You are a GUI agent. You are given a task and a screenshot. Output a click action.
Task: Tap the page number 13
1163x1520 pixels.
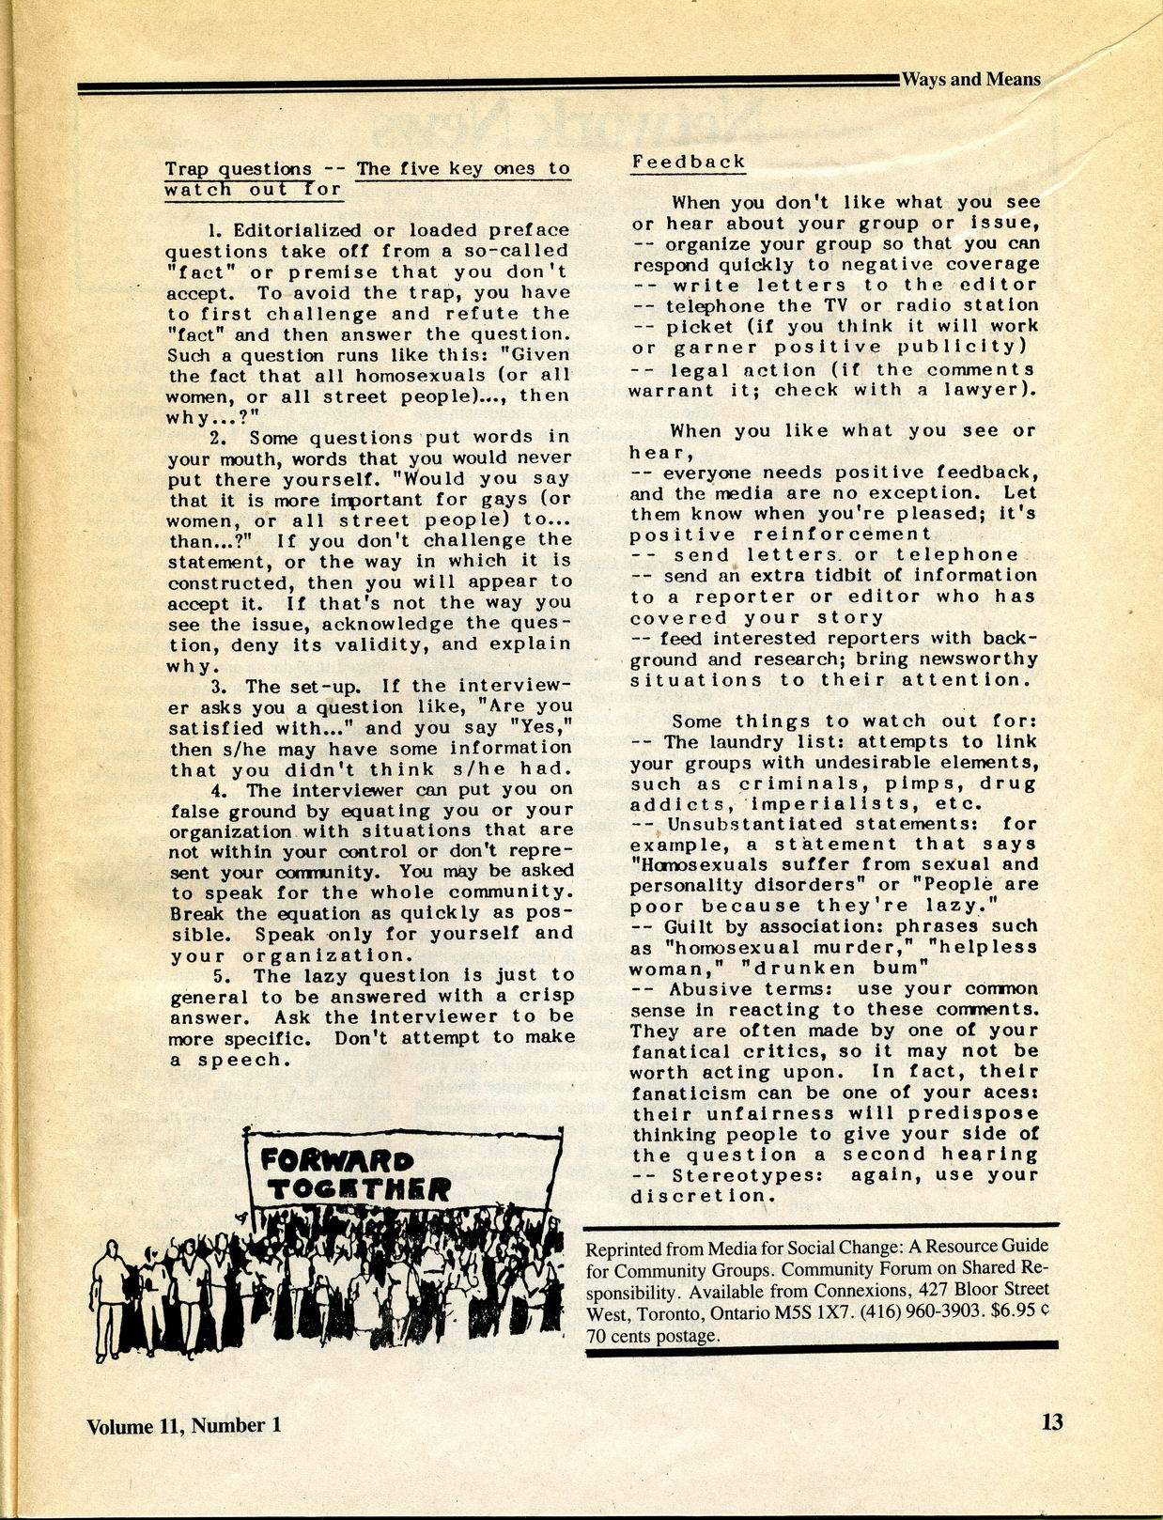(1052, 1422)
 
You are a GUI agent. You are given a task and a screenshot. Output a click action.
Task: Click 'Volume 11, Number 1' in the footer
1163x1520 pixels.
(184, 1425)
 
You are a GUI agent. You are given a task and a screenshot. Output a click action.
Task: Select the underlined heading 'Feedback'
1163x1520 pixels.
(689, 162)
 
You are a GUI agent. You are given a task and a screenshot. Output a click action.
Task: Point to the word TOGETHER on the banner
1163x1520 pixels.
(359, 1190)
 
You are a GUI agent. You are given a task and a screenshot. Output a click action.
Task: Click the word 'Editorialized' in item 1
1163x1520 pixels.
(296, 230)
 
